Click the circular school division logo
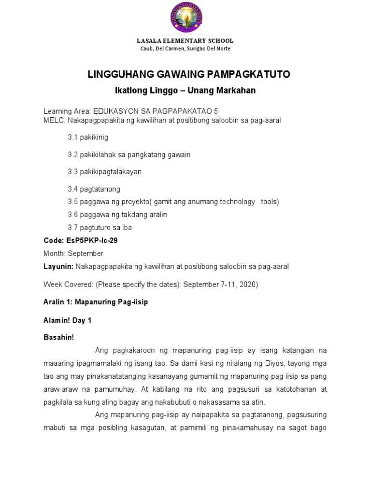tap(185, 18)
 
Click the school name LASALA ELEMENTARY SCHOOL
tap(185, 41)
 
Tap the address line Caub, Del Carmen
tap(185, 49)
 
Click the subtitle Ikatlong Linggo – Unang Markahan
tap(185, 91)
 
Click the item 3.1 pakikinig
tap(88, 137)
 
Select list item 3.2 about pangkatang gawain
tap(129, 154)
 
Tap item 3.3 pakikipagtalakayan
tap(104, 172)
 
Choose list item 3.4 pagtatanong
tap(94, 189)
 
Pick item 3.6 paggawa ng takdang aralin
tap(117, 214)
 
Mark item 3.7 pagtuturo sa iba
tap(100, 227)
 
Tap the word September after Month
tap(86, 253)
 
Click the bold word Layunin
tap(58, 266)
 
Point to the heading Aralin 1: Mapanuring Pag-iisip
tap(96, 302)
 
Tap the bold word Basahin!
tap(58, 337)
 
